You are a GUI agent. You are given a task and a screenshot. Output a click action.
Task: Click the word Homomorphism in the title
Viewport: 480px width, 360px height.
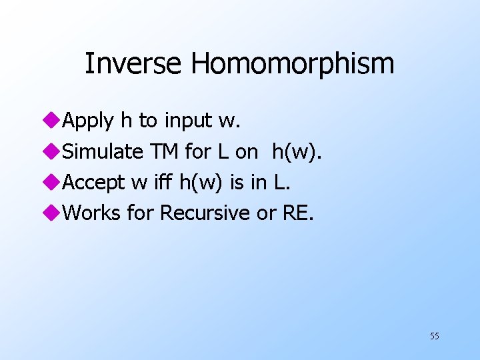click(293, 64)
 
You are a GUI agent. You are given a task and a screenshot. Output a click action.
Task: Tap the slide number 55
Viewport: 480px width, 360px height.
click(434, 336)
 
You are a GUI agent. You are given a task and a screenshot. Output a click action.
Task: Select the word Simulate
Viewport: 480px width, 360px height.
click(102, 152)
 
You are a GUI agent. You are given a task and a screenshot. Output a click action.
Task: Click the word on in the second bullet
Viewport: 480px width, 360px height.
click(245, 152)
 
